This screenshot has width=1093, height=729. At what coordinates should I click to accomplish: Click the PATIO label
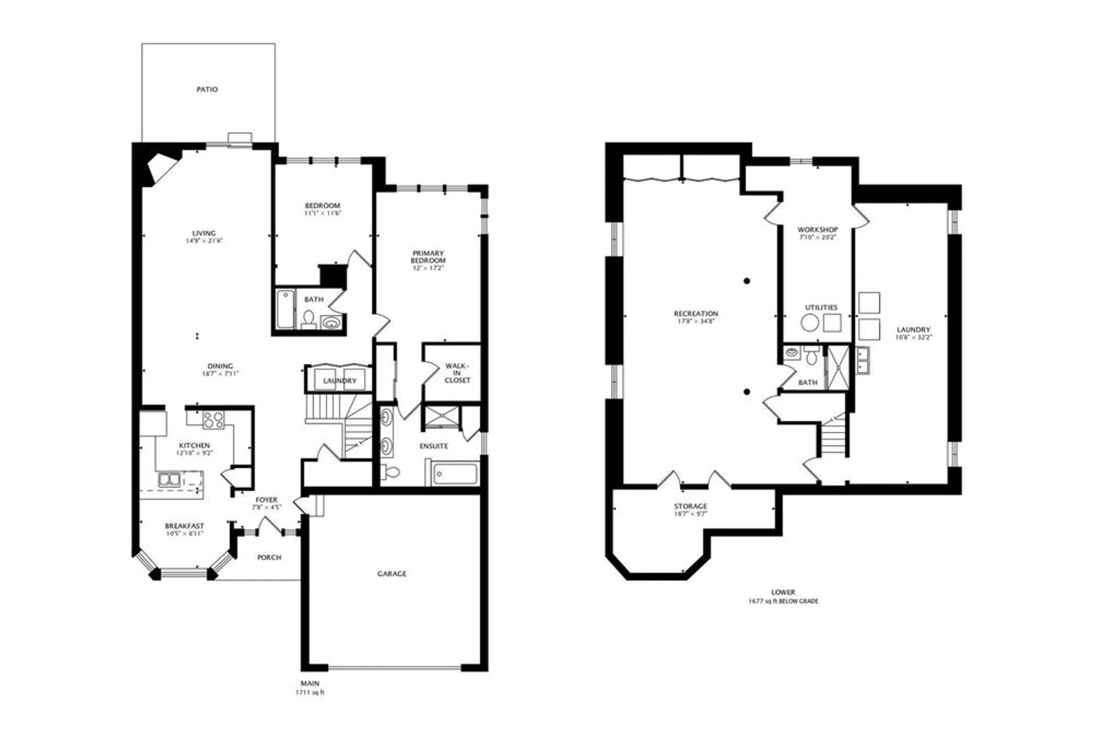207,89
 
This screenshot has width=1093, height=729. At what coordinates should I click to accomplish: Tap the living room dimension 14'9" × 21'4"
204,240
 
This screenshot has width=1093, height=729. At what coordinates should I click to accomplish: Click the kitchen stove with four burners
213,420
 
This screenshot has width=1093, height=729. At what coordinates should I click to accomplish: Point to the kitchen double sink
169,480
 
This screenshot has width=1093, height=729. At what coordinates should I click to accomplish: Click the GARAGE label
392,574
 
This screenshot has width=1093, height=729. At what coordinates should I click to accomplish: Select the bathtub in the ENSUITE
455,474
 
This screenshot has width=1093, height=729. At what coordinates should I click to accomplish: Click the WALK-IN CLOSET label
457,373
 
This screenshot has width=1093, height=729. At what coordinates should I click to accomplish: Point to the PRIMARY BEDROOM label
428,257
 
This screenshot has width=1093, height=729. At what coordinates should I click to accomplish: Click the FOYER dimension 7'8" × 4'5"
266,507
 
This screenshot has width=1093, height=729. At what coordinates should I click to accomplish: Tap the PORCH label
269,557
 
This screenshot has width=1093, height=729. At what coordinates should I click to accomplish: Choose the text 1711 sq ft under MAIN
310,692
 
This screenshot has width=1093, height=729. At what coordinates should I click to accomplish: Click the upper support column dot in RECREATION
747,281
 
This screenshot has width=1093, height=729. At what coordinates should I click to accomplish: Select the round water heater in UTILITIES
809,322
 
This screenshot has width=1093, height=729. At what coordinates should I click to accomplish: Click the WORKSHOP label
818,230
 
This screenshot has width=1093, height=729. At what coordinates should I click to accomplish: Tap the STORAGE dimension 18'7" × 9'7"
690,514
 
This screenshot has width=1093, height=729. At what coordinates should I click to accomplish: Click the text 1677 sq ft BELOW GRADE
783,601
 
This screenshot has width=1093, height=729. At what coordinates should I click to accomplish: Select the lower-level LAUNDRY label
913,330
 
